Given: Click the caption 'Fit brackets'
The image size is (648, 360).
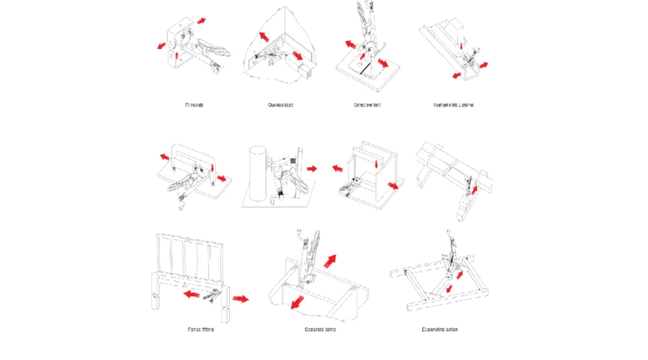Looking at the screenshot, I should coord(194,105).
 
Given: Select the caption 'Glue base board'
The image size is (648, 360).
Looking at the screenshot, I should coord(280,105).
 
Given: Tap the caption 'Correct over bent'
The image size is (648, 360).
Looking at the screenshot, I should coord(367,105).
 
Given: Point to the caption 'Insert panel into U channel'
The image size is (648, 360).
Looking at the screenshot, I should coord(454,105).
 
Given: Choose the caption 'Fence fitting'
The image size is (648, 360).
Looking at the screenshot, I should coord(199,330).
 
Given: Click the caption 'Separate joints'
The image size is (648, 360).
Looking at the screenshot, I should coord(320,330).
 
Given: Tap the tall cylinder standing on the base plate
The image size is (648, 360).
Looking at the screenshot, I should coord(258,173).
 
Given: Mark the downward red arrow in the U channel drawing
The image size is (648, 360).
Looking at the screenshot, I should coord(460,47).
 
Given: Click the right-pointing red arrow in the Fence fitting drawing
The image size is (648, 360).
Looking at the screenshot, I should coord(240,297).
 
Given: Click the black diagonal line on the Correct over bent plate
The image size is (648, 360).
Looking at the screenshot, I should coord(366,69).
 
